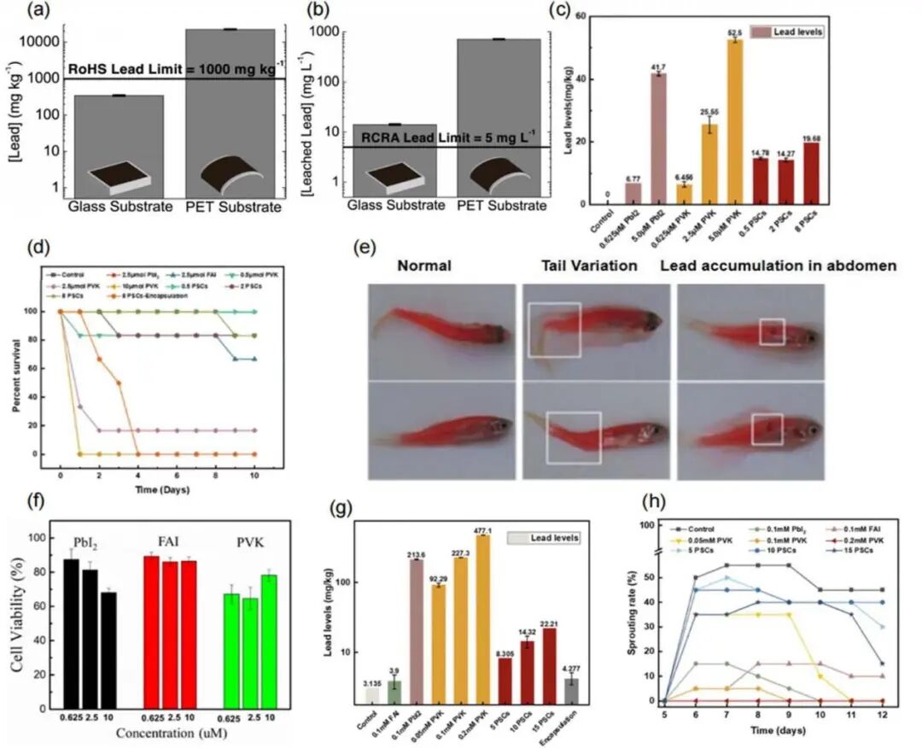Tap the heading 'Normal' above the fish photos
(423, 266)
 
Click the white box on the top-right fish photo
(772, 331)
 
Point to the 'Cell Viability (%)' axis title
(17, 618)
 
